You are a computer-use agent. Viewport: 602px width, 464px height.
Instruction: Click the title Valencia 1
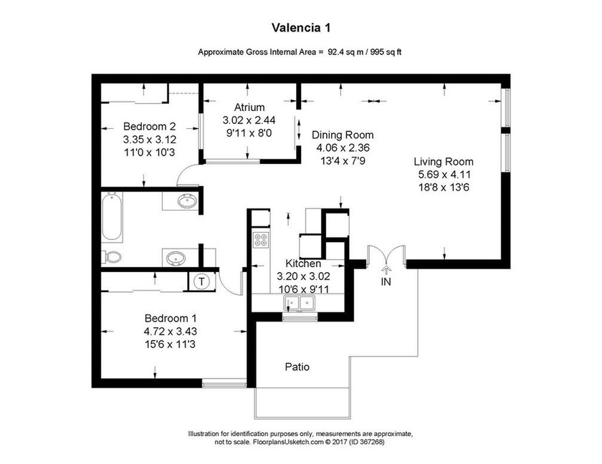point(300,28)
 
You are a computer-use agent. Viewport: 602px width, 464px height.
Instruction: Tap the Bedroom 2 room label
point(149,123)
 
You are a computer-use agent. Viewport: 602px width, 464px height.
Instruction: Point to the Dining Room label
point(342,135)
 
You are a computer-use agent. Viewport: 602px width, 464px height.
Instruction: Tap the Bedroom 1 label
point(171,318)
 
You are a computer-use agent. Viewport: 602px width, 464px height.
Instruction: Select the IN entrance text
point(386,282)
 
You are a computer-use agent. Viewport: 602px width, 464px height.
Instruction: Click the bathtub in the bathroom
point(111,217)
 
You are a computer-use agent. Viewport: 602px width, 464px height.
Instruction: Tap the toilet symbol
point(112,256)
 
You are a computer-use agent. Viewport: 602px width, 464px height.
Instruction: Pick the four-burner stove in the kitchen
point(261,240)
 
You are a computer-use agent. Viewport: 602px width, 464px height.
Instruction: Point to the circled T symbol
point(201,281)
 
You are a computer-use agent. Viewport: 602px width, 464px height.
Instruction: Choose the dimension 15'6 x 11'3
point(171,344)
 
